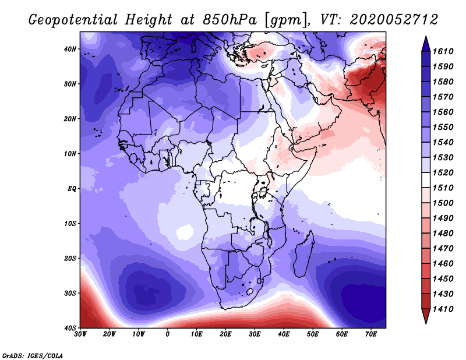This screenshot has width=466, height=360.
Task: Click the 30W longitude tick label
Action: pyautogui.click(x=80, y=335)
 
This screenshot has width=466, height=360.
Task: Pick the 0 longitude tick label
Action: pyautogui.click(x=168, y=335)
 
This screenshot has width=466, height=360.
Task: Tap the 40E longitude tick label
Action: pyautogui.click(x=284, y=335)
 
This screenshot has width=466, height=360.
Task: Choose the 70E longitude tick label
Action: pyautogui.click(x=371, y=335)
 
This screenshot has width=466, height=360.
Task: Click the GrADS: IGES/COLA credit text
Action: pyautogui.click(x=32, y=355)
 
